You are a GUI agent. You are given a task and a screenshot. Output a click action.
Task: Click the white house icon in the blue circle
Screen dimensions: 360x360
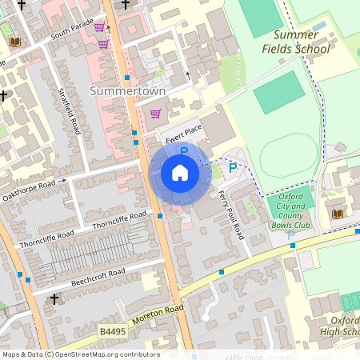179,173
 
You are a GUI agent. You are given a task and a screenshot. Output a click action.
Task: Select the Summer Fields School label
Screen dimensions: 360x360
301,42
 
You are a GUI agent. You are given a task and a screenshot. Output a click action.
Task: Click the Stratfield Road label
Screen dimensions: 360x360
70,111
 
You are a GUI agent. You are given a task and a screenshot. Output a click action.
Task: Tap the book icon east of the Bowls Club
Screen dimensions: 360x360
338,213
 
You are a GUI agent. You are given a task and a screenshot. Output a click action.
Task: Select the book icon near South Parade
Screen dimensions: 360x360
14,42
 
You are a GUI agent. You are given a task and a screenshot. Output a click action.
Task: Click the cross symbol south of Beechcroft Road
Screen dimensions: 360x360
54,299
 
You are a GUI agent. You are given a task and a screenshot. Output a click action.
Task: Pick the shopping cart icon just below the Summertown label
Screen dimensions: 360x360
155,114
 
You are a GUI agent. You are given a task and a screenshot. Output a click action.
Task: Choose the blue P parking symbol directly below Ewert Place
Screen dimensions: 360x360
183,150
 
